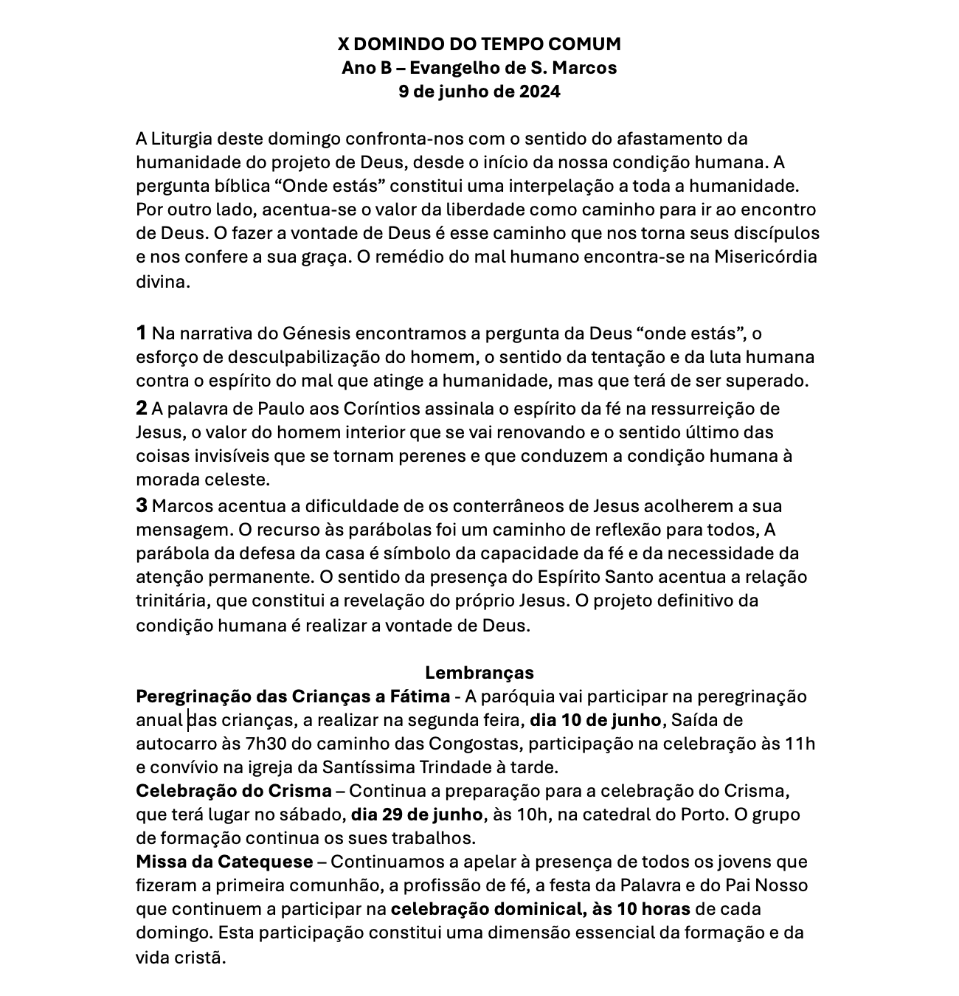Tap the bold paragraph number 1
tap(142, 333)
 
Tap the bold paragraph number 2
tap(142, 408)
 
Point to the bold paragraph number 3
tap(142, 505)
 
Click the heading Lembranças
tap(479, 672)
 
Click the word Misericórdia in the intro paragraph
tap(765, 257)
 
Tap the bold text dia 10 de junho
tap(597, 719)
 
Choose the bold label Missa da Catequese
tap(224, 861)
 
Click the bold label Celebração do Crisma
tap(234, 791)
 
